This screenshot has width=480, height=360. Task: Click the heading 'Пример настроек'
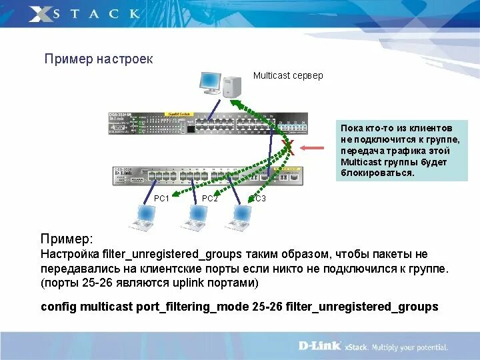point(99,59)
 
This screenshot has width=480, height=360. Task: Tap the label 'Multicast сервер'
point(288,75)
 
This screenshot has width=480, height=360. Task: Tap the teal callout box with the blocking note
point(401,151)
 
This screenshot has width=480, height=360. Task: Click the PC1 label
point(161,199)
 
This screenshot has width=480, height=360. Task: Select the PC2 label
point(209,199)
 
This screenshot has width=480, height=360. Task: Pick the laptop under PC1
point(144,218)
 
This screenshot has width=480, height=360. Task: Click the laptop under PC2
point(195,218)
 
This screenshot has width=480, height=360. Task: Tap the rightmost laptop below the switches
point(238,218)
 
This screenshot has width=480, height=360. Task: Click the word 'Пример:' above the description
point(67,239)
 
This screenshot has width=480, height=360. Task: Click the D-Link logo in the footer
point(319,346)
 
